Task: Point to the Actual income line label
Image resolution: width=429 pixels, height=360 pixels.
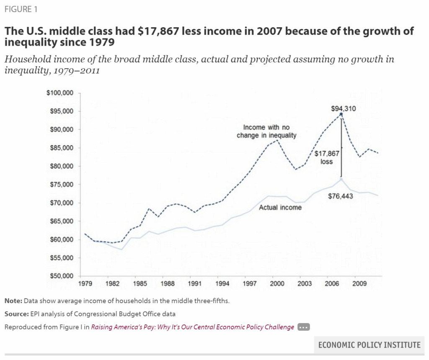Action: tap(280, 207)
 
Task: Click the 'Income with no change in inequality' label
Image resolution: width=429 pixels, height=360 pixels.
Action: tap(266, 131)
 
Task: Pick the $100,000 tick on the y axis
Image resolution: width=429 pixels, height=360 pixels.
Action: tap(60, 93)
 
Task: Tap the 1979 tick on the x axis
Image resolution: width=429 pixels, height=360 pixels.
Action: tap(85, 284)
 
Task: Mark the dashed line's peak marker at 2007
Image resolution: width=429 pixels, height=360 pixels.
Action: tap(341, 114)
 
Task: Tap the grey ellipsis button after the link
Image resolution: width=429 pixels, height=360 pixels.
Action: tap(303, 327)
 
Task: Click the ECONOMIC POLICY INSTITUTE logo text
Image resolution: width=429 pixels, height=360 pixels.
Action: tap(369, 345)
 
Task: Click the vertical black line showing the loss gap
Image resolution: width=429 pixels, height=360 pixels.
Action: tap(341, 147)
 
